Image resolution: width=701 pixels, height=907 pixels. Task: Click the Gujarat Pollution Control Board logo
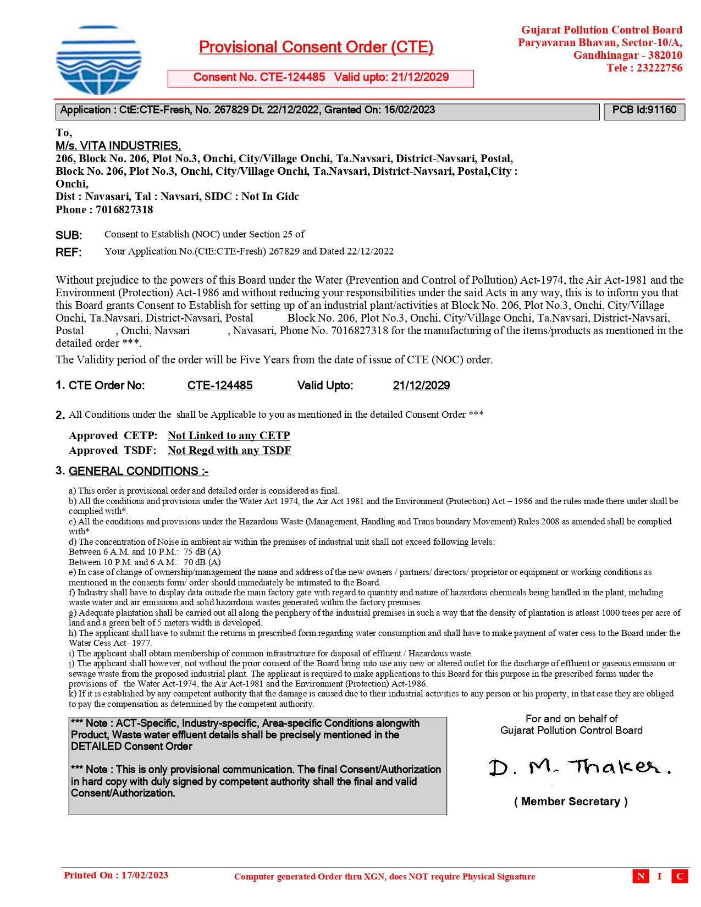(98, 59)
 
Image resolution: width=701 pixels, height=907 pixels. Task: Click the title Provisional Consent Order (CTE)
(316, 47)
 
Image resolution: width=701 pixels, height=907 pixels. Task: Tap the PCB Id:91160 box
(644, 110)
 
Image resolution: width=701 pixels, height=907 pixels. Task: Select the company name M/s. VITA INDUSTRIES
(118, 146)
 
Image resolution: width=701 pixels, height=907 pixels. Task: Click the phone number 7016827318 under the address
(124, 209)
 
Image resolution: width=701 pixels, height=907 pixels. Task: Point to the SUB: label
(69, 235)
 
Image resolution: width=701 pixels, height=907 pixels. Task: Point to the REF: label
(69, 252)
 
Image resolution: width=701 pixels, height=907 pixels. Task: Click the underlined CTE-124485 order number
(220, 385)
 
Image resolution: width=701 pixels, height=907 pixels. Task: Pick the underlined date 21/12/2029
(421, 385)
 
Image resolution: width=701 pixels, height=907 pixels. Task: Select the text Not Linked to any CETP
(229, 435)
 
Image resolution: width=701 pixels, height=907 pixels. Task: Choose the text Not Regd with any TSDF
(229, 450)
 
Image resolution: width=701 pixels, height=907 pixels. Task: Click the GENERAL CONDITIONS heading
(138, 471)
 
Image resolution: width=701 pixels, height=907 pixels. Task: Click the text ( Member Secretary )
(571, 801)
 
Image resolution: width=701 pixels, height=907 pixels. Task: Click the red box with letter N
(641, 876)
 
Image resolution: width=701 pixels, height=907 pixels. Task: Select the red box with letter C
(680, 876)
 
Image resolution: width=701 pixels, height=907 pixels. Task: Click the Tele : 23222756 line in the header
(644, 68)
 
